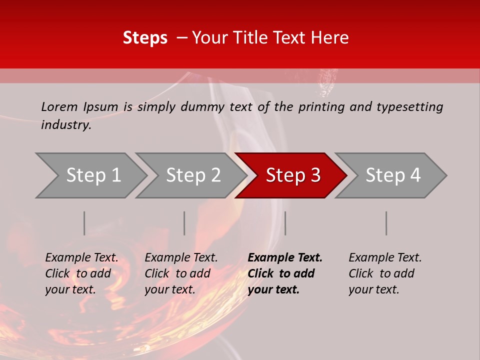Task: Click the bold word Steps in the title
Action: pos(145,38)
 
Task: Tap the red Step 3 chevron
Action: pos(293,175)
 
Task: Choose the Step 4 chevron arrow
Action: pos(393,175)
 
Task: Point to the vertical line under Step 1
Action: pos(84,223)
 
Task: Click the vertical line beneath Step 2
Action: pos(184,223)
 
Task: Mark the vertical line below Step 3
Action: pos(285,223)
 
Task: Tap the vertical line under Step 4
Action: pos(386,223)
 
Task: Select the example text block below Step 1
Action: pos(81,273)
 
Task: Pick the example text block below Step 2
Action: pos(181,273)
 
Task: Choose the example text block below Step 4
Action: pos(385,273)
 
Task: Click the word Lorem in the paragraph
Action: pos(59,107)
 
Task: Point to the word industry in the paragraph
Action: pos(66,125)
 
